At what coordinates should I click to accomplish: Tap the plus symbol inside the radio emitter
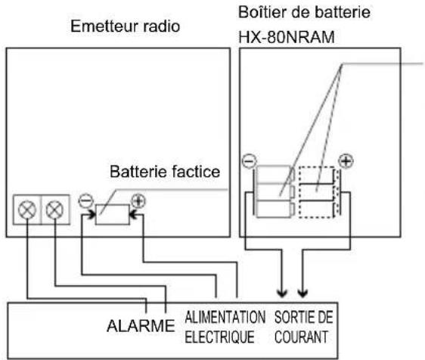coord(138,201)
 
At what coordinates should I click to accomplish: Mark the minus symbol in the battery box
coord(248,161)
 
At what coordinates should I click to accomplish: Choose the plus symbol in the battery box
coord(346,161)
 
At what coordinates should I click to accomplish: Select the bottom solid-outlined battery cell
coord(272,208)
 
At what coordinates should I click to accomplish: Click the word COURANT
coord(302,334)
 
